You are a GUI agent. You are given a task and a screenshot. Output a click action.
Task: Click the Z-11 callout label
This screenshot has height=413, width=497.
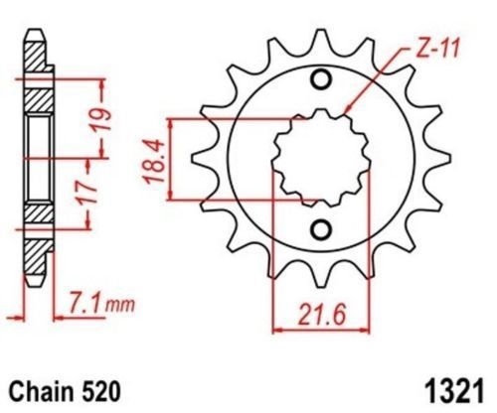tap(436, 51)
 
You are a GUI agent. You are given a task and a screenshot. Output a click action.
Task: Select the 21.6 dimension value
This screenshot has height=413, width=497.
tap(321, 315)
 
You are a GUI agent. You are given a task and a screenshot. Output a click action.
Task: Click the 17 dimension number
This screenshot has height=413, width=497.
tap(89, 192)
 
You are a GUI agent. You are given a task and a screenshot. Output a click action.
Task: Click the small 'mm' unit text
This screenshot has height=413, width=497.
tap(120, 305)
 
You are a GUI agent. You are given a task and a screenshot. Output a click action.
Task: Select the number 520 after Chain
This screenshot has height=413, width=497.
tap(101, 392)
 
